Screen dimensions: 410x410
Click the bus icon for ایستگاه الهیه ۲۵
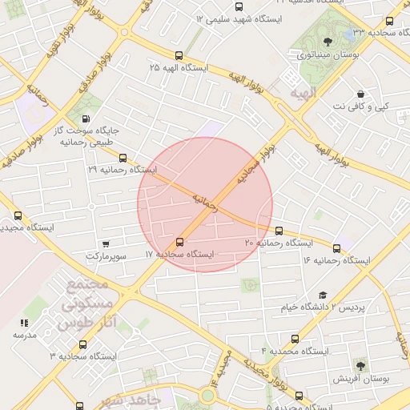pyautogui.click(x=178, y=56)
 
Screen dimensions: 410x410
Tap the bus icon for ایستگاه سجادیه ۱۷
pyautogui.click(x=179, y=242)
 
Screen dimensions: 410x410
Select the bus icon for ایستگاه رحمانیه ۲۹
pyautogui.click(x=123, y=158)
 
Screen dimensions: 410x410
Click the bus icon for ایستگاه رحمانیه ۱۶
pyautogui.click(x=336, y=248)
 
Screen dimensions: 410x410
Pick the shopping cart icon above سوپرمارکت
pyautogui.click(x=107, y=243)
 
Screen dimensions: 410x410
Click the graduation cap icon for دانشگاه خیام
pyautogui.click(x=323, y=295)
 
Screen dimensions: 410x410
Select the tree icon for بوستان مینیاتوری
pyautogui.click(x=327, y=42)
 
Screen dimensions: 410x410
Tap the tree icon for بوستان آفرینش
pyautogui.click(x=360, y=365)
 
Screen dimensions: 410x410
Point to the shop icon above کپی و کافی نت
pyautogui.click(x=361, y=94)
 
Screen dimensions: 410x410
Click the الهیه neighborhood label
pyautogui.click(x=306, y=93)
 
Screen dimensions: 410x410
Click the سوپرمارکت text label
pyautogui.click(x=107, y=255)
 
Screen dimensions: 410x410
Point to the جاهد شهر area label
pyautogui.click(x=139, y=398)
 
